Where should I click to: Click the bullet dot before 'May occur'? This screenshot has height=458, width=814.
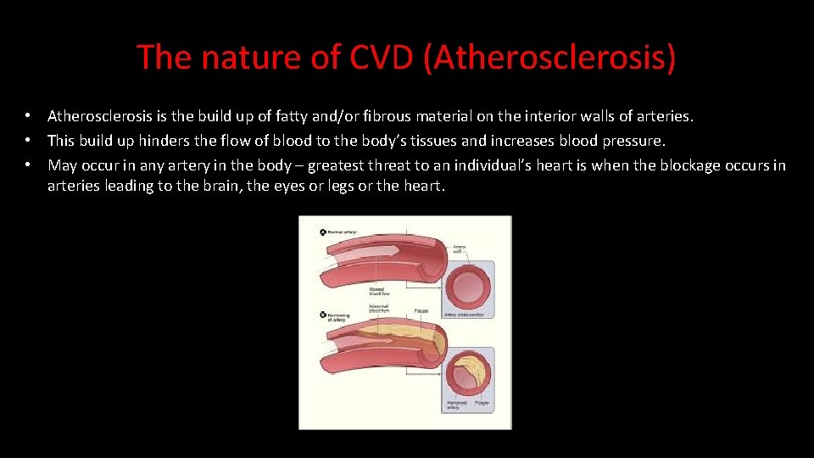point(28,165)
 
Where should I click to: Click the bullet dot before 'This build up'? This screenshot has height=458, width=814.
point(28,140)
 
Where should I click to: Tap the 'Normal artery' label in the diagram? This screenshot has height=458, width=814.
point(343,232)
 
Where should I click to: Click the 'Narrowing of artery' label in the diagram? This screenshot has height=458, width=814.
point(334,317)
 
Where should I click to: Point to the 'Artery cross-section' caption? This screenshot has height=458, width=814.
point(462,314)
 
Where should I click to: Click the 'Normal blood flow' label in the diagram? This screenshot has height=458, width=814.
point(379,290)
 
